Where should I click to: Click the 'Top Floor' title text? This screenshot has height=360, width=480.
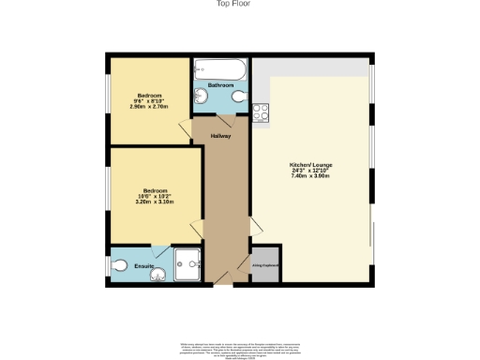(x=239, y=5)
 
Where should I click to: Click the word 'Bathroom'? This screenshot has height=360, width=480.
(x=220, y=85)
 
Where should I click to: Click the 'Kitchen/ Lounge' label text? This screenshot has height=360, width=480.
(x=311, y=165)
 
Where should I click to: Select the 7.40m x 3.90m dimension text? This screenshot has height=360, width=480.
(x=311, y=177)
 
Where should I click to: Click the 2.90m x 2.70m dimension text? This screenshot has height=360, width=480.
(x=150, y=108)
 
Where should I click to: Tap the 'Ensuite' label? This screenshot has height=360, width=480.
(x=143, y=267)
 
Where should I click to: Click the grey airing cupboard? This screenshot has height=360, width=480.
(x=264, y=263)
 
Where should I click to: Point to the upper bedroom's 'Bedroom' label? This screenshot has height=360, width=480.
(x=150, y=96)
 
